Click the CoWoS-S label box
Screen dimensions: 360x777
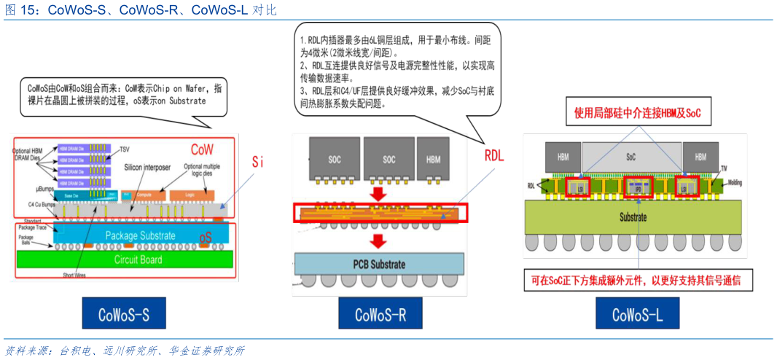pyautogui.click(x=124, y=315)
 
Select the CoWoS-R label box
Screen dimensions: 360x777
pyautogui.click(x=380, y=315)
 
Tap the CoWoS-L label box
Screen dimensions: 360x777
pyautogui.click(x=637, y=315)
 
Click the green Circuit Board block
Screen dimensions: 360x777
pyautogui.click(x=138, y=259)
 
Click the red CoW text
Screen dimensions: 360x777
pyautogui.click(x=203, y=149)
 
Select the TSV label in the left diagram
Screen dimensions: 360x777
pyautogui.click(x=126, y=149)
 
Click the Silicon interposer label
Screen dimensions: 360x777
pyautogui.click(x=146, y=168)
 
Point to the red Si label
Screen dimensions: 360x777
pyautogui.click(x=257, y=161)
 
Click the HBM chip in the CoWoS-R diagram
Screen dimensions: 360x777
pyautogui.click(x=433, y=159)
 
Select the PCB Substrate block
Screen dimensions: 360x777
pyautogui.click(x=379, y=263)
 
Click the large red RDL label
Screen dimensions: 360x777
pyautogui.click(x=494, y=156)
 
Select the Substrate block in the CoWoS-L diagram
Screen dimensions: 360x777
pyautogui.click(x=633, y=217)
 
